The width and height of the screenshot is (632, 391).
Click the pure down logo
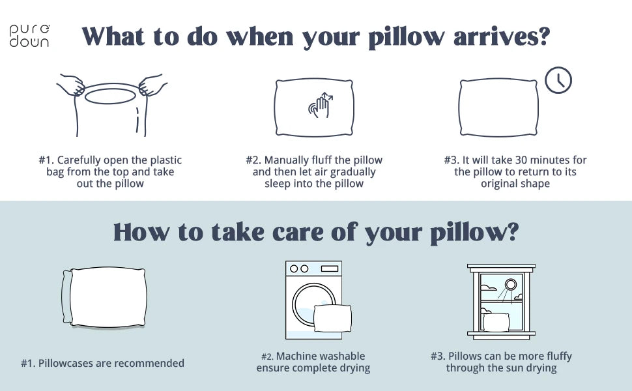tap(29, 36)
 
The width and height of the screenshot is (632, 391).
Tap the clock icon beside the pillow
tap(558, 81)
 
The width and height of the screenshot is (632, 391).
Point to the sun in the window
tap(510, 284)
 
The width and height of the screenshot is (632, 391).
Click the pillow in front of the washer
tap(332, 318)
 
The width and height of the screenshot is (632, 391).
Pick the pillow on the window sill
tap(496, 322)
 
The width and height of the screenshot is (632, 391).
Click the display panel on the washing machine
tap(329, 268)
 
